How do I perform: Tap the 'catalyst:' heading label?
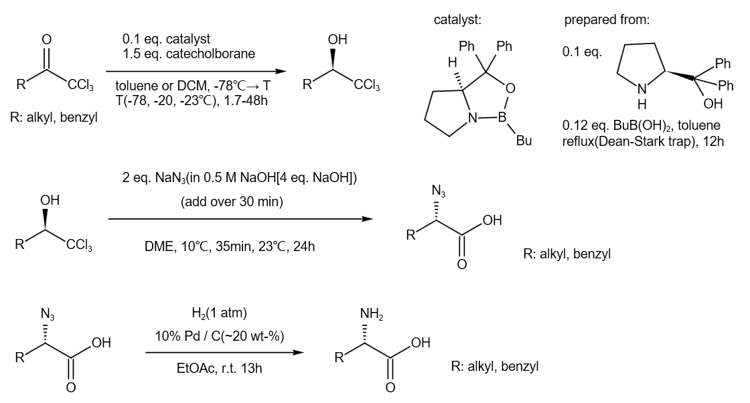[457, 19]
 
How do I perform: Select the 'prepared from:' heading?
[607, 19]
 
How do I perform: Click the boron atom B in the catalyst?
[502, 117]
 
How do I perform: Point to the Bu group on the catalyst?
[524, 141]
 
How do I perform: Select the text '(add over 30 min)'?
[232, 201]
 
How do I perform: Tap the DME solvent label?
[160, 246]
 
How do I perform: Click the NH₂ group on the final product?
[372, 314]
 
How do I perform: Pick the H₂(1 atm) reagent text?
[219, 313]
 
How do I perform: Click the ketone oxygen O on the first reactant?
[46, 39]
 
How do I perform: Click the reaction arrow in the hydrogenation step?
[224, 353]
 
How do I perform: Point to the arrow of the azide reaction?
[240, 219]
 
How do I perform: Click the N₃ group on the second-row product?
[438, 191]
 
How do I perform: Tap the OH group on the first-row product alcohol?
[337, 39]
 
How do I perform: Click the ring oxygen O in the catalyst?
[511, 88]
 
